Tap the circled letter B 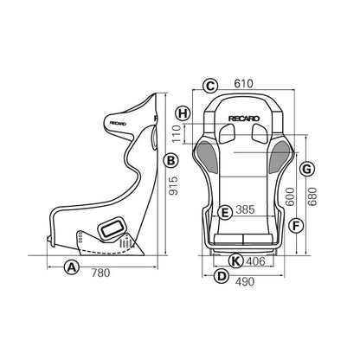(171, 161)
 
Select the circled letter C (209, 85)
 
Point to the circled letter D (221, 277)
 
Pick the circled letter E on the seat (224, 211)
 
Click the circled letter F (297, 227)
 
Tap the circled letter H (182, 113)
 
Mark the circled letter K (234, 260)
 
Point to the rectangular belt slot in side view (111, 228)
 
